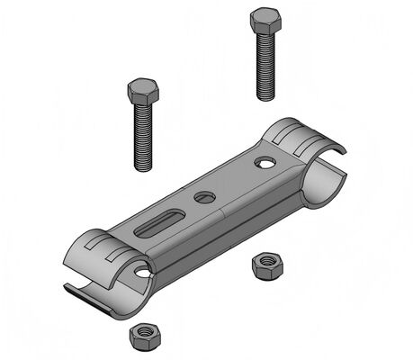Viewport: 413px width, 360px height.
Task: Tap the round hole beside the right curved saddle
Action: point(265,163)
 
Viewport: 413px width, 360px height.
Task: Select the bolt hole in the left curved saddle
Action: point(142,271)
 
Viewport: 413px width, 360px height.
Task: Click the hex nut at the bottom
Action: point(142,336)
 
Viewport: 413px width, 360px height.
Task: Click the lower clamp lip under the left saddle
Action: point(90,292)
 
